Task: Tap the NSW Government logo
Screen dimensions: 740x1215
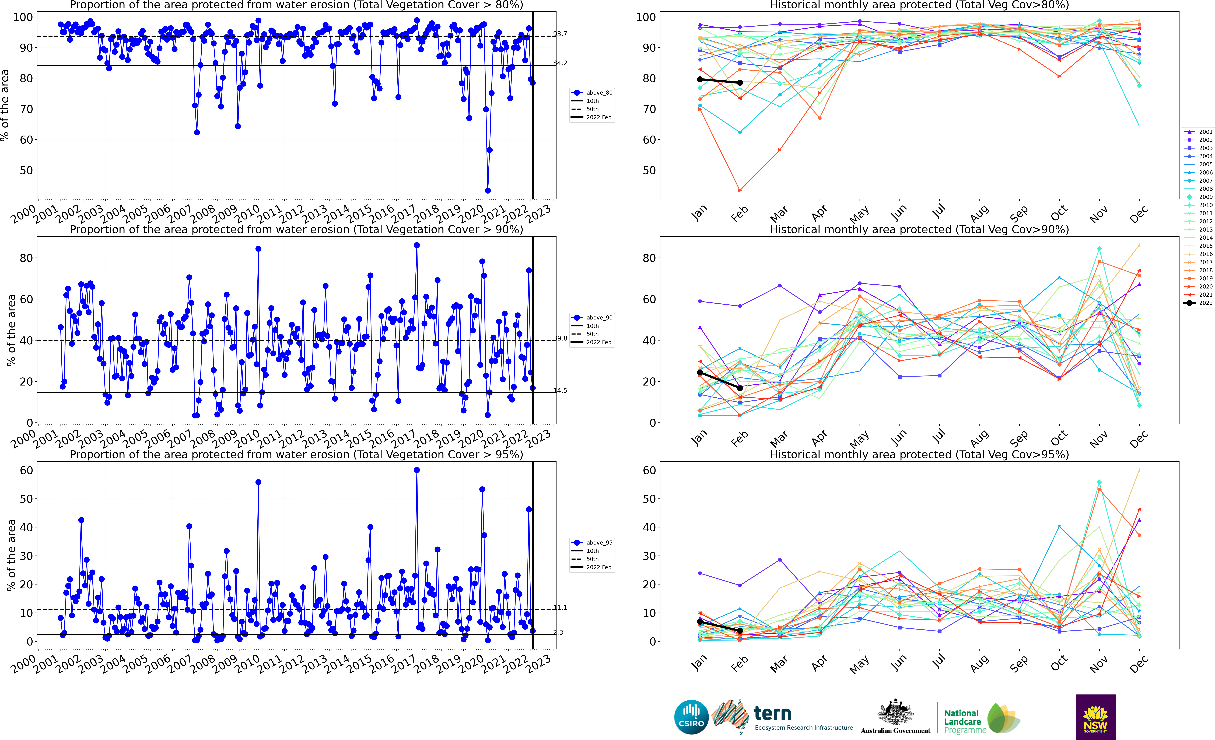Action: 1095,717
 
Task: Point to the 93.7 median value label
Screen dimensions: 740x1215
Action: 560,34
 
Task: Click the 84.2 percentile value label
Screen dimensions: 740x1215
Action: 560,63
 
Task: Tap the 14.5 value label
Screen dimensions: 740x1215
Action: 560,391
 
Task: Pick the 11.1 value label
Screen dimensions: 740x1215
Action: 560,608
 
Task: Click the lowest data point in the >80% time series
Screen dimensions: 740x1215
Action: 488,190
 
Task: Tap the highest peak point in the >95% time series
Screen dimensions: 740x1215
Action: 417,470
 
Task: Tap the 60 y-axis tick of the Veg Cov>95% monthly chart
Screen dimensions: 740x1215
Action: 649,470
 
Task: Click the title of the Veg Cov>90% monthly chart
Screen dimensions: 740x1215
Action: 919,229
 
